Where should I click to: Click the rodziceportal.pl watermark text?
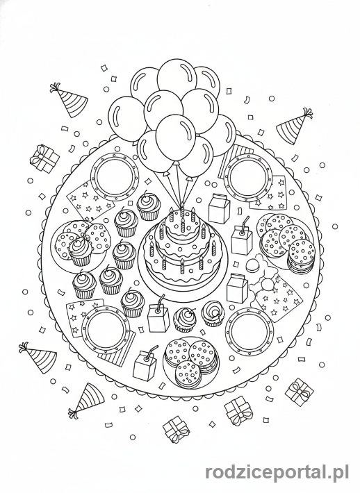[x=277, y=473]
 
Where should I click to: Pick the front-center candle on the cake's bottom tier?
[x=181, y=267]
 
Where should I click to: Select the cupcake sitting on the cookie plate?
[x=80, y=251]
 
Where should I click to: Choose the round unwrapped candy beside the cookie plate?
[x=252, y=266]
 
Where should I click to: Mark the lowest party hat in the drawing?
[x=84, y=399]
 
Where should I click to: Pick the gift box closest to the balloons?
[x=44, y=158]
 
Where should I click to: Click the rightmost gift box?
[x=300, y=392]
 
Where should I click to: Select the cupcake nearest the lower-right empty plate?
[x=213, y=313]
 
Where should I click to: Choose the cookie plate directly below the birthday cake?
[x=190, y=362]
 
